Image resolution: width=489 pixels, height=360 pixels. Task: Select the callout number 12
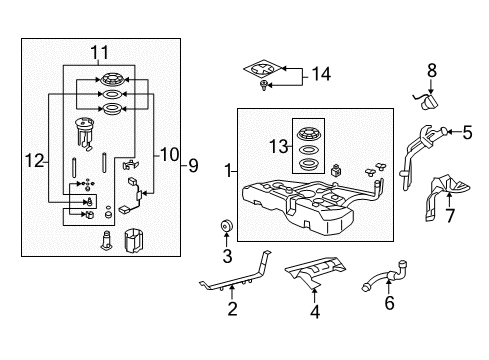[33, 161]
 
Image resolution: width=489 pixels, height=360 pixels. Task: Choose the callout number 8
[433, 71]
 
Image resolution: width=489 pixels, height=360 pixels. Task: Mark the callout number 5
[467, 130]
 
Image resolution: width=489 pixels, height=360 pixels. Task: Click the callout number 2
[232, 310]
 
